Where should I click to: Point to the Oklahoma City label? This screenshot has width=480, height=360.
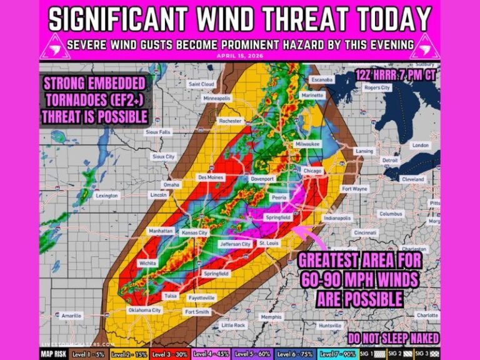click(144, 310)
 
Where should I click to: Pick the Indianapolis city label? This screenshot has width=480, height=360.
click(337, 218)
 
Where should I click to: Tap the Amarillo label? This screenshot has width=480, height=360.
click(71, 316)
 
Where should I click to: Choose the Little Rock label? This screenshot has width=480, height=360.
click(234, 325)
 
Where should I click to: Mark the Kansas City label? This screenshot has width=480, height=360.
click(194, 232)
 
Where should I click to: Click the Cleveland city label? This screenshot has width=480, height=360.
click(412, 179)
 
